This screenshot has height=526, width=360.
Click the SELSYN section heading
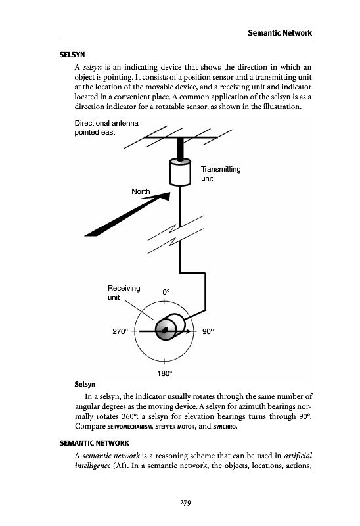[72, 55]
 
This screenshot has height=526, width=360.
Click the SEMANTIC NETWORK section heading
[94, 443]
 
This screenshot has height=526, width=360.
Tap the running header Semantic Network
[280, 33]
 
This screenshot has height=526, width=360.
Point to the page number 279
[185, 502]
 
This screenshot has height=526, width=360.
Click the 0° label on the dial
[166, 292]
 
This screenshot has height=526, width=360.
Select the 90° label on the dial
[208, 331]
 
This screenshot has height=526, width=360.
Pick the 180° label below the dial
[165, 373]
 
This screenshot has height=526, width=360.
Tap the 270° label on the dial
[120, 331]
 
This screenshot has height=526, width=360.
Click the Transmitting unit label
[221, 174]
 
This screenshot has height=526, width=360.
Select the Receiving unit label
[124, 293]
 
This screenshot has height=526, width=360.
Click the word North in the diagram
[141, 191]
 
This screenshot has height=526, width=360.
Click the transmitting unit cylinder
[180, 172]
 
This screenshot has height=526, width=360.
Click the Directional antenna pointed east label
[106, 128]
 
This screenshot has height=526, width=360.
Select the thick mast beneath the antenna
[181, 149]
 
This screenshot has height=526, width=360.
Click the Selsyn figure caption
[85, 384]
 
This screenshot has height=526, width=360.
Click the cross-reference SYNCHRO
[225, 427]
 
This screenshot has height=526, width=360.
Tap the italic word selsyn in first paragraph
[92, 67]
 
